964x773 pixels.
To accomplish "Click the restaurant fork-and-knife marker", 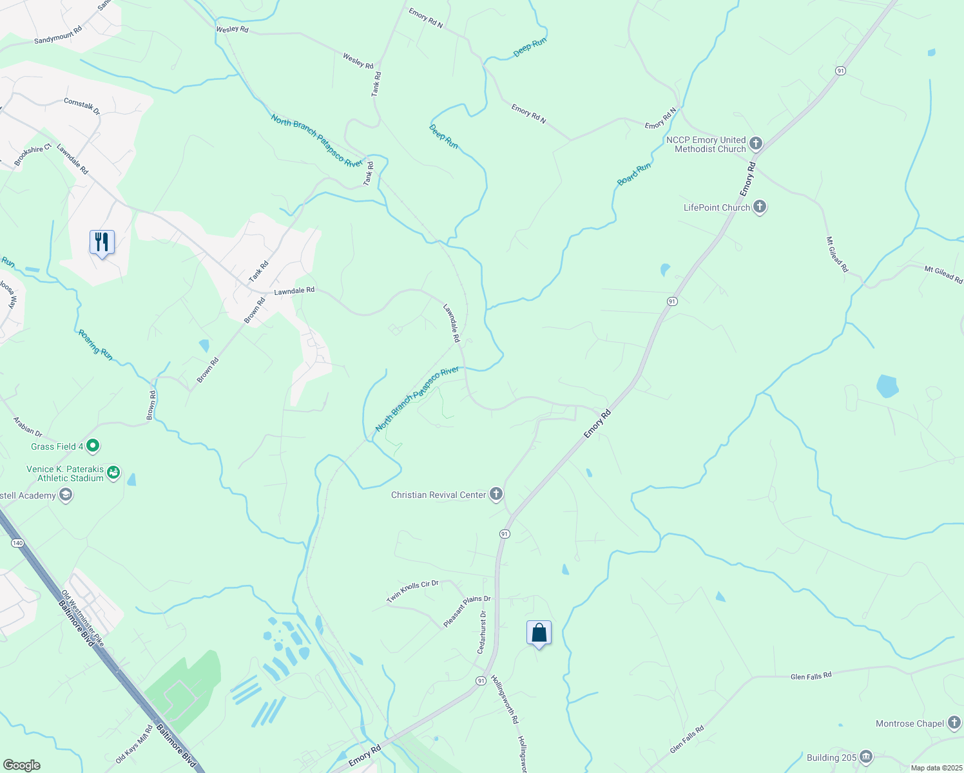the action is click(x=102, y=242).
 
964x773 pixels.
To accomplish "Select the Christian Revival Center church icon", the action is click(x=496, y=494).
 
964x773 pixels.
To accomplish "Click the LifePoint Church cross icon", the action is click(x=760, y=207).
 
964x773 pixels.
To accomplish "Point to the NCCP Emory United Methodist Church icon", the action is click(x=756, y=144).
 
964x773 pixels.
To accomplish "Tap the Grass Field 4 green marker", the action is click(x=93, y=445).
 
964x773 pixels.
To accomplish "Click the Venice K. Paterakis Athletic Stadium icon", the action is click(x=113, y=473).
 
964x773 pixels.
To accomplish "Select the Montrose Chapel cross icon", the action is click(x=954, y=723).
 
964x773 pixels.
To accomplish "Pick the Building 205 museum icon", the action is click(x=865, y=757).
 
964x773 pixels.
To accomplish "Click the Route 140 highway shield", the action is click(x=17, y=543).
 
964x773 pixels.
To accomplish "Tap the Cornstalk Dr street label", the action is click(x=82, y=106).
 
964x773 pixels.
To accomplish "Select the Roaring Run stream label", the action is click(x=95, y=345).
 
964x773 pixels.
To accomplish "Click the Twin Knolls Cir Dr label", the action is click(x=412, y=591).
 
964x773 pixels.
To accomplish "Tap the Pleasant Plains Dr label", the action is click(x=467, y=611).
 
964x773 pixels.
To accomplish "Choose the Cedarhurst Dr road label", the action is click(x=481, y=632).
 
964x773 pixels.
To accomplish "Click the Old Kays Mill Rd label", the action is click(x=135, y=743).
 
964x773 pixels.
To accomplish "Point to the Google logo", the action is click(x=22, y=765).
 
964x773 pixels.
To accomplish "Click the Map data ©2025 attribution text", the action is click(x=936, y=768).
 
